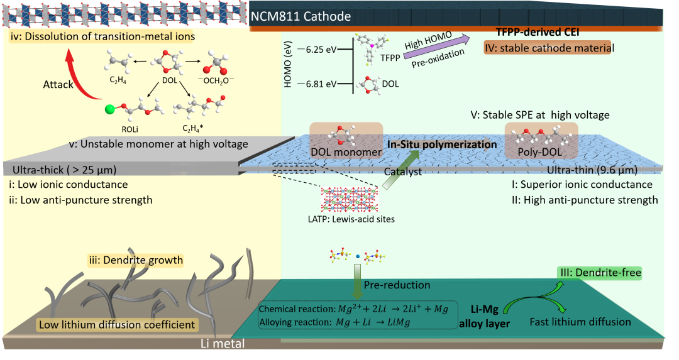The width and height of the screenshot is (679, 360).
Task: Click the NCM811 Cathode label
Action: coord(301,16)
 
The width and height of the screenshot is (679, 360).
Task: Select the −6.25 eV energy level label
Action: coord(318,50)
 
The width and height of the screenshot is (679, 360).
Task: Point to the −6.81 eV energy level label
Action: coord(318,84)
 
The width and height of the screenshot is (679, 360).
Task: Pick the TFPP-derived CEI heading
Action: coord(538,32)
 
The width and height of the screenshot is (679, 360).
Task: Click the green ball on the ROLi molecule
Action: coord(111,109)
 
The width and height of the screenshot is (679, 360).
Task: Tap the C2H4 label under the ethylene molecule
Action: coord(118,80)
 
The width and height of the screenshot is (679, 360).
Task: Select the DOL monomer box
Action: coord(346,140)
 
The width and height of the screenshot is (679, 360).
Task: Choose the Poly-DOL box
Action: coord(541,140)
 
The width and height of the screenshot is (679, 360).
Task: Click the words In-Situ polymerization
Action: coord(442,144)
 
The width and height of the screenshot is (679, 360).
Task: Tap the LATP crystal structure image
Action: coord(350,199)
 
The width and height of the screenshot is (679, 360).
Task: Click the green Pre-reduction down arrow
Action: coord(357,281)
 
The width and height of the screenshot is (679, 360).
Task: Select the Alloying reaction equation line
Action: coord(334,322)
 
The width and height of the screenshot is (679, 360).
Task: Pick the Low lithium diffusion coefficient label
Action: coord(117,325)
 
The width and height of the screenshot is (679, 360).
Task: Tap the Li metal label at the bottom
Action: coord(223,344)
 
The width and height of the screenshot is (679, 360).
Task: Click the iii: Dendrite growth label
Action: coord(136,260)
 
